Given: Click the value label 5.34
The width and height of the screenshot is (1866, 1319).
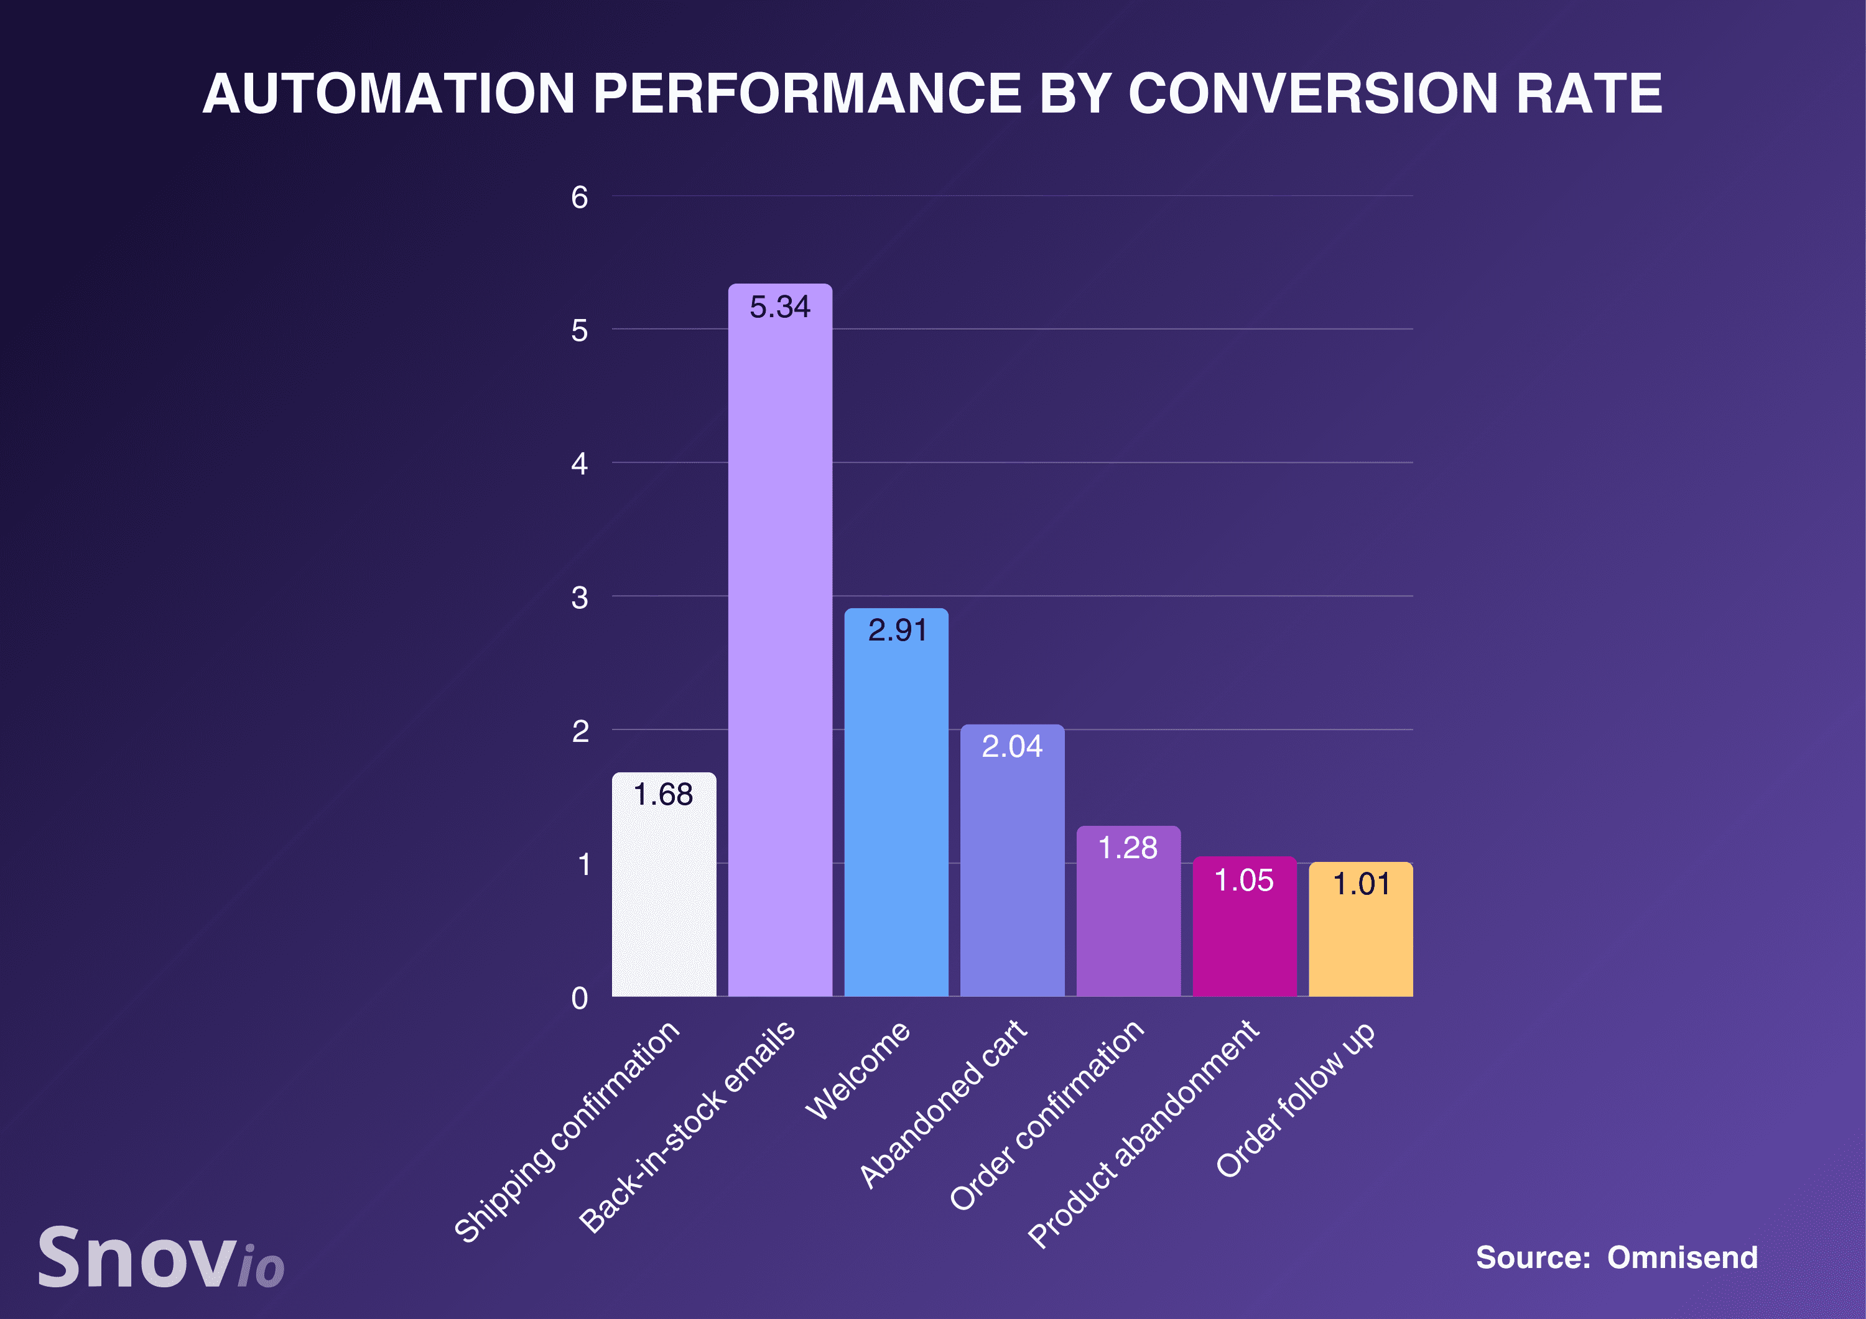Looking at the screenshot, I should coord(779,307).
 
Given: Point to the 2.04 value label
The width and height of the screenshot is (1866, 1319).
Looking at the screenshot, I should coord(1012,746).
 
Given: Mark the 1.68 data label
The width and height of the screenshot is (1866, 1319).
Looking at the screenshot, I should coord(663,795).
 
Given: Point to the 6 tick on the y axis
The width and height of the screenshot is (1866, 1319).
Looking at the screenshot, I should coord(580,198).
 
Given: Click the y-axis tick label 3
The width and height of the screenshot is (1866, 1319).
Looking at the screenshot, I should coord(580,598).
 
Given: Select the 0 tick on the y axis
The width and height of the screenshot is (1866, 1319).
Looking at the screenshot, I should coord(580,998).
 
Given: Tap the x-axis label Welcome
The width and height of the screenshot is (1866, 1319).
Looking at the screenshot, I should coord(858,1070).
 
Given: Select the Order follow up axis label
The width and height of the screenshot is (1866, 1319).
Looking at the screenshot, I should coord(1296,1099).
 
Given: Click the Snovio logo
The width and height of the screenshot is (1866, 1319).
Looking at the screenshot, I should coord(161,1258).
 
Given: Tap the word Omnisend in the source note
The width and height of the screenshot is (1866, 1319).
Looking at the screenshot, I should coord(1683,1257).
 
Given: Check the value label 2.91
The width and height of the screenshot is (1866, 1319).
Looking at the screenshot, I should coord(896,631).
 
